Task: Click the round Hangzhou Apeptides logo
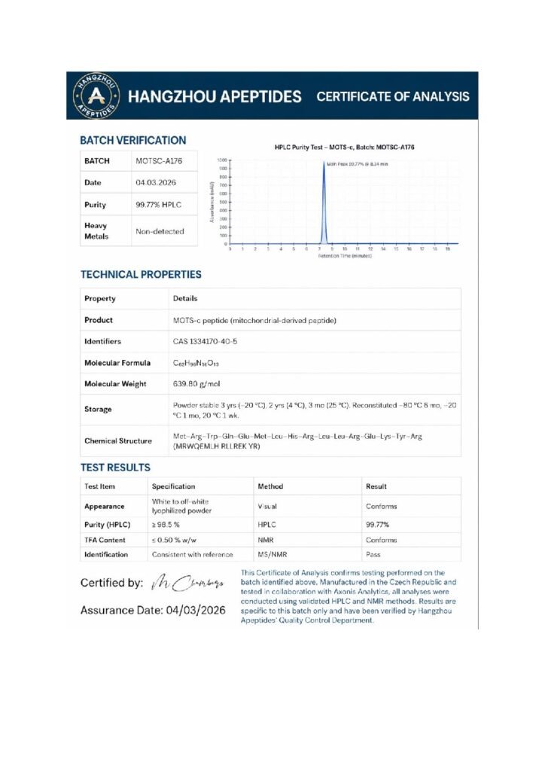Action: pos(95,96)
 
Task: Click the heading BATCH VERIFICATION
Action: pos(133,140)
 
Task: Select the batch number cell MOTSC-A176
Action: pos(159,161)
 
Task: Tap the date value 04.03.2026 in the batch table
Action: pos(155,183)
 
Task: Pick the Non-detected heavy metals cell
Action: pos(160,231)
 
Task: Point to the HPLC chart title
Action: pos(344,147)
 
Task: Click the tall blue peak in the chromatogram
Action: pos(323,203)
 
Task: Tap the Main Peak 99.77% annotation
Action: pos(357,163)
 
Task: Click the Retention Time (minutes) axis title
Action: pos(345,256)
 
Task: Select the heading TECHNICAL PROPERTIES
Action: pos(141,274)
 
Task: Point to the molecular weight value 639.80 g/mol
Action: pos(196,384)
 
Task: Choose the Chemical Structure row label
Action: pos(118,441)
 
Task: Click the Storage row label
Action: pos(98,410)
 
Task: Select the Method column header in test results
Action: pos(270,486)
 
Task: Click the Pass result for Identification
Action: pos(373,555)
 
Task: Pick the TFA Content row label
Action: pos(105,540)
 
